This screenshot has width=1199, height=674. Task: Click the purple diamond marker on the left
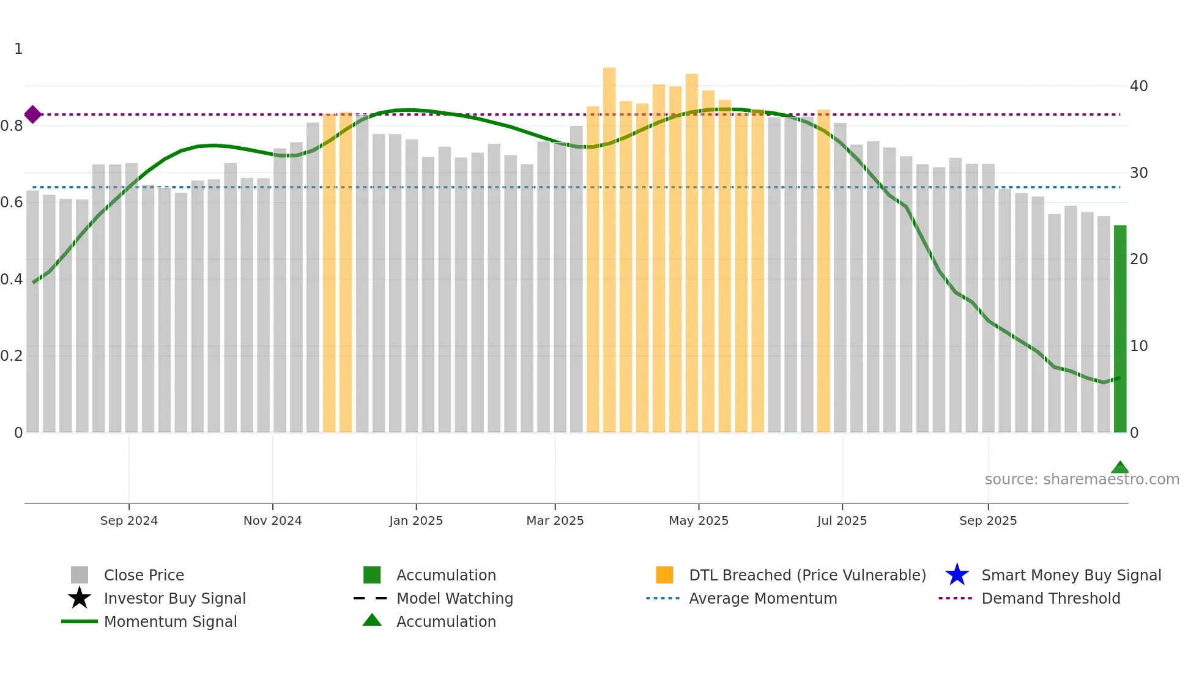[33, 114]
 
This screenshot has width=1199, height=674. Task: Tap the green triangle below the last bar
[1119, 468]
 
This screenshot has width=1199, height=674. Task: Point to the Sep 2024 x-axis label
[129, 520]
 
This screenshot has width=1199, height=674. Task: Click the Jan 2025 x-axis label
[416, 520]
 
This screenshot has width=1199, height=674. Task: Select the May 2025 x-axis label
[699, 520]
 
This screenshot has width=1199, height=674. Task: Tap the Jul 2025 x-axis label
[842, 520]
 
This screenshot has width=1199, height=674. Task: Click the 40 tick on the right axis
[1138, 86]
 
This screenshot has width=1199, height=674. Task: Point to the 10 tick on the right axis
[1138, 346]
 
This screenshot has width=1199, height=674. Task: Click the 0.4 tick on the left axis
[12, 280]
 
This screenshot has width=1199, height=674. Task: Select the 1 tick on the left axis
[18, 49]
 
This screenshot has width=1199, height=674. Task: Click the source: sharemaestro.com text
[1082, 480]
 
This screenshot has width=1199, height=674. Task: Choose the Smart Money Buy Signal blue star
[957, 575]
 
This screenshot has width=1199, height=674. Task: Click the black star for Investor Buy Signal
[80, 598]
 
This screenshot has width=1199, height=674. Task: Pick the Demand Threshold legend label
[1050, 598]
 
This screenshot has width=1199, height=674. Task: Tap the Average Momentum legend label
[763, 598]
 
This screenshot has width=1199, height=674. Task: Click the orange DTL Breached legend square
[664, 575]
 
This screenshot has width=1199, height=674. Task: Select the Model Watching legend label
[455, 598]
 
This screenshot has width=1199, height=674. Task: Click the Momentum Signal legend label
[170, 621]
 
